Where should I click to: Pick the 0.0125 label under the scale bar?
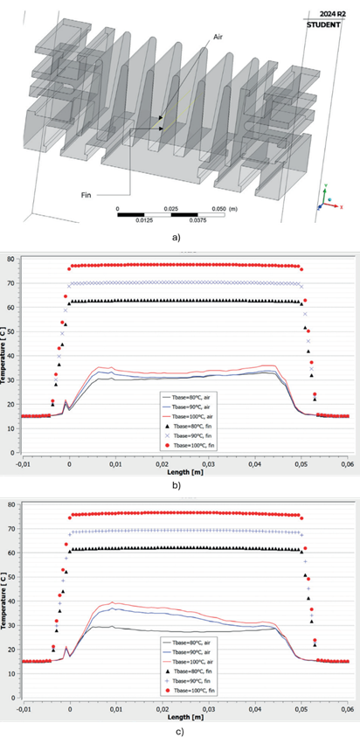coord(141,220)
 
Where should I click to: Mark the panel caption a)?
coord(177,236)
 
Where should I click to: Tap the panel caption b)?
coord(177,484)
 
